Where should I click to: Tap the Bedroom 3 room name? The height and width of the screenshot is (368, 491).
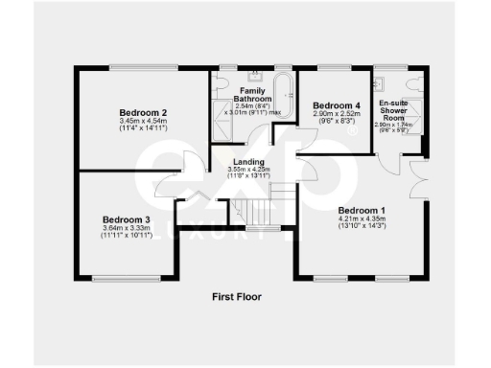tap(126, 218)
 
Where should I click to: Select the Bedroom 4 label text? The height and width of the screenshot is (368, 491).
tap(337, 105)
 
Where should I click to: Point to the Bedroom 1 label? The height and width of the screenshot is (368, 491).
tap(362, 210)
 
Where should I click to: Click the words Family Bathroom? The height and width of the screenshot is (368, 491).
tap(252, 94)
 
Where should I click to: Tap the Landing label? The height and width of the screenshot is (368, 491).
tap(248, 162)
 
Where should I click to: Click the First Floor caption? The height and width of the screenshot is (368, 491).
tap(236, 297)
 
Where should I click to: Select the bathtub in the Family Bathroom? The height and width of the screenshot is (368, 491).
tap(283, 91)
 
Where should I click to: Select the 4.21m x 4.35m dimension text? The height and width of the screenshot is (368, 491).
tap(362, 219)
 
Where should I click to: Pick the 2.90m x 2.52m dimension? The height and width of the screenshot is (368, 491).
tap(337, 114)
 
